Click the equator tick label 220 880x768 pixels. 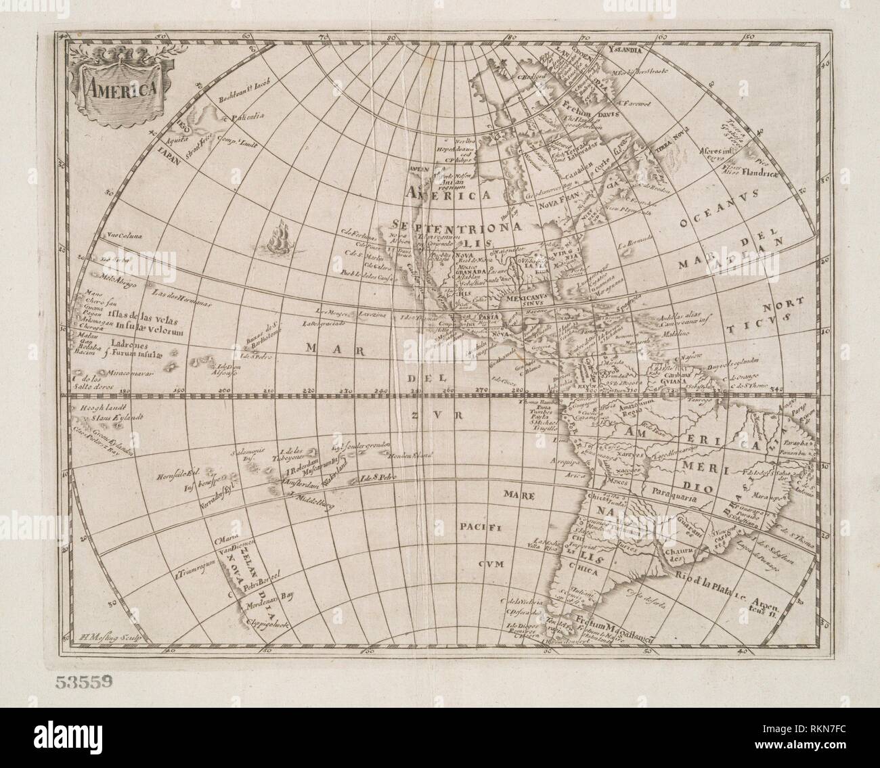tap(309, 390)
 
